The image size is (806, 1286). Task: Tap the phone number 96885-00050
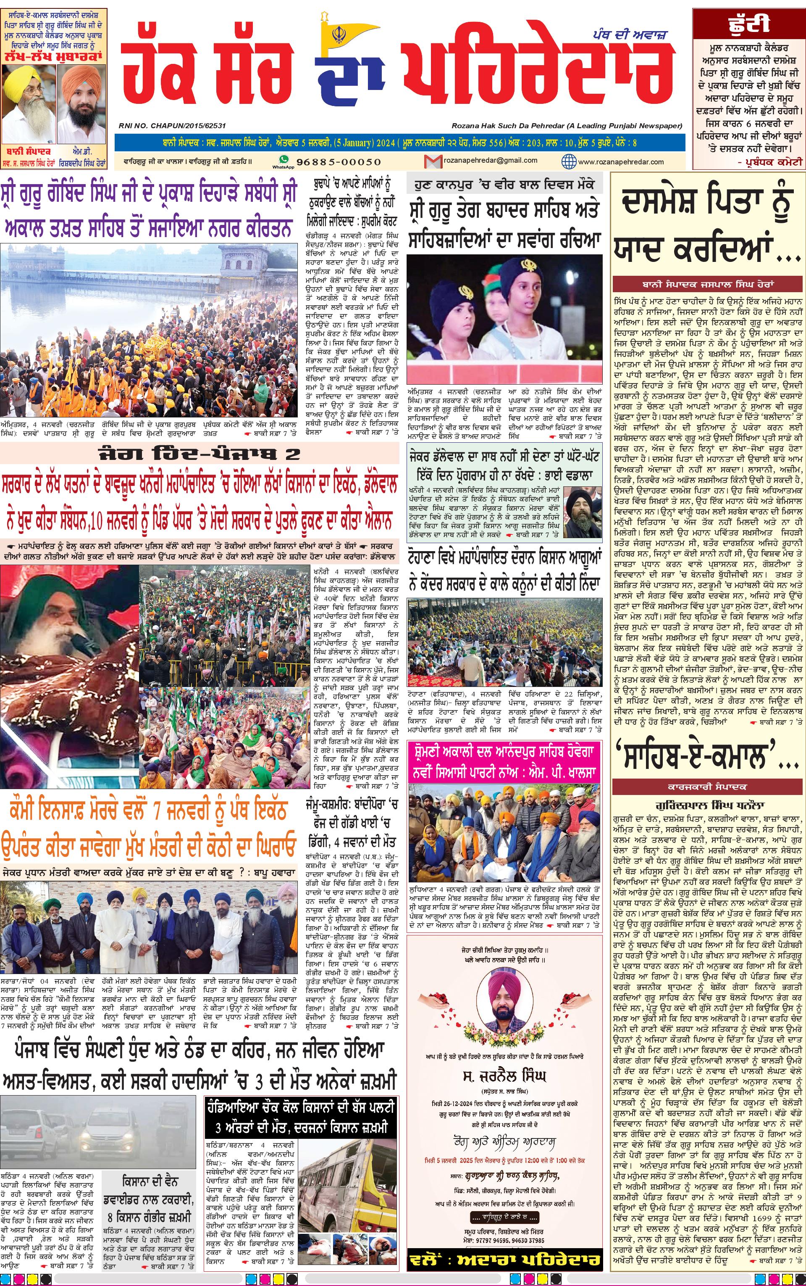(339, 161)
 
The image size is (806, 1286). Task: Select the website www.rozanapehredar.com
(620, 161)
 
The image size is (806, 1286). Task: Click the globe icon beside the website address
(569, 161)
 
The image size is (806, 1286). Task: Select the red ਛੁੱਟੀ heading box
(748, 24)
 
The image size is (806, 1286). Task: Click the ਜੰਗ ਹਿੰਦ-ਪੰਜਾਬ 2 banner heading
(200, 454)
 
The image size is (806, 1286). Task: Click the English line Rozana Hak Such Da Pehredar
(567, 126)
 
